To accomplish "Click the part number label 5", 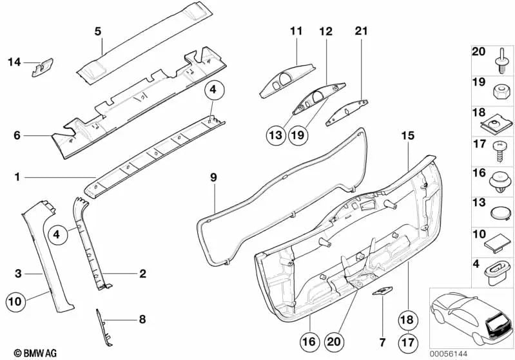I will (98, 30).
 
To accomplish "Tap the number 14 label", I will (14, 62).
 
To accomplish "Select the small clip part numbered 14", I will (43, 66).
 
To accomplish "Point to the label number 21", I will (360, 30).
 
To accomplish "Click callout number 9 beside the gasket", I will (213, 176).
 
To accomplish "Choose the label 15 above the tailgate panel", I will (407, 136).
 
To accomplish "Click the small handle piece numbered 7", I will (382, 292).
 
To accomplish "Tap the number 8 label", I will (142, 317).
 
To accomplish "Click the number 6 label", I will (17, 135).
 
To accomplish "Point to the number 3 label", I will (19, 274).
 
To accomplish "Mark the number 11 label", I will (296, 30).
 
